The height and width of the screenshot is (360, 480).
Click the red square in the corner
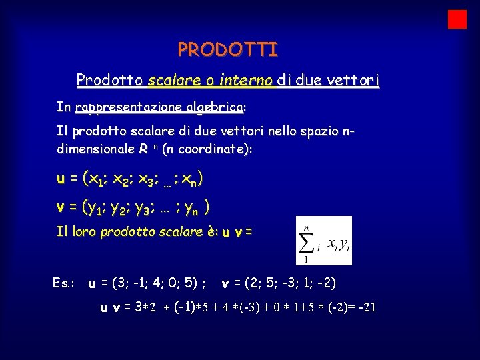[x=457, y=19]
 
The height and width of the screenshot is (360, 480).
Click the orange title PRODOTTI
[x=228, y=50]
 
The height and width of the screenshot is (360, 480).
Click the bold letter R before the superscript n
[x=143, y=149]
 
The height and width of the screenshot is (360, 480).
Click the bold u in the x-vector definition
[x=61, y=179]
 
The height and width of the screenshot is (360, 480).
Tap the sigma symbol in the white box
[x=307, y=241]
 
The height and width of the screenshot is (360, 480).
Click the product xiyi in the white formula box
[x=337, y=246]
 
